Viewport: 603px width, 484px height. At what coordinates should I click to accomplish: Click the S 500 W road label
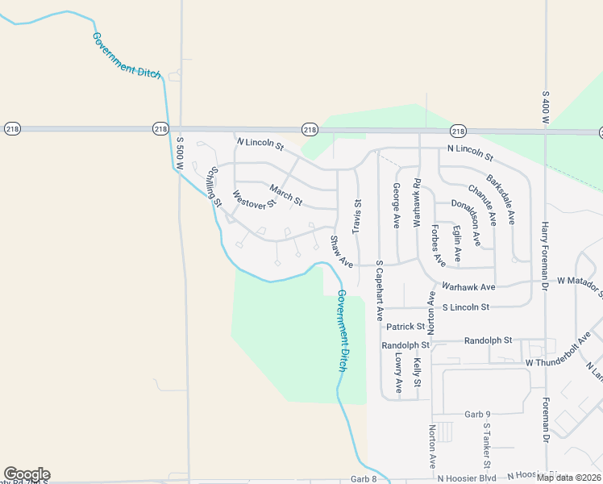coord(181,151)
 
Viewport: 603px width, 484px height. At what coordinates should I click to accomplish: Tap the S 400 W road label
coord(546,102)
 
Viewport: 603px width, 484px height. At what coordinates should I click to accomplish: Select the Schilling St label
coord(214,186)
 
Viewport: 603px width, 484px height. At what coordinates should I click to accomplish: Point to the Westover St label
coord(254,198)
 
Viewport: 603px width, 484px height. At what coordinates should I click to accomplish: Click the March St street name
coord(286,194)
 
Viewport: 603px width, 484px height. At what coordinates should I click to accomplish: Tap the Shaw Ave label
coord(342,252)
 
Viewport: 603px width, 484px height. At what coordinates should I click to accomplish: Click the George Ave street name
coord(396,206)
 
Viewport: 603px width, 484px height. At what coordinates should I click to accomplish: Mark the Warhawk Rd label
coord(417,202)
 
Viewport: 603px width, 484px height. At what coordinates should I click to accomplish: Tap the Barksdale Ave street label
coord(501,197)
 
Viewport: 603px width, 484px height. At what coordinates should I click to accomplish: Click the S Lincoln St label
coord(466,307)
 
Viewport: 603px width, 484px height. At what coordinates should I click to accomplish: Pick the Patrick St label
coord(405,327)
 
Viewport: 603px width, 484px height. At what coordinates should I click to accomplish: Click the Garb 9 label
coord(477,415)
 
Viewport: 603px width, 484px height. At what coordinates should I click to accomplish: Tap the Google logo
coord(27,474)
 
